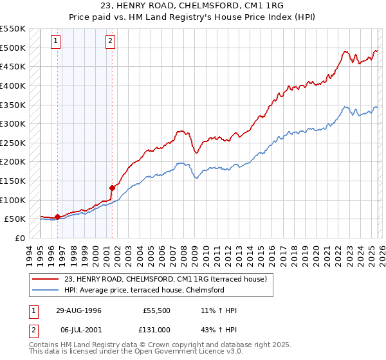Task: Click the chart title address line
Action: [192, 5]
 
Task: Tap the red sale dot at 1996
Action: [58, 217]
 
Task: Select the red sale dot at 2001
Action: [112, 188]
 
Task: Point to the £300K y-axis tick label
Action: [13, 123]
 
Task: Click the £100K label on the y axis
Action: [13, 200]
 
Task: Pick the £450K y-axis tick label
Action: [13, 66]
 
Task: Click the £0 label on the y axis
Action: [19, 238]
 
